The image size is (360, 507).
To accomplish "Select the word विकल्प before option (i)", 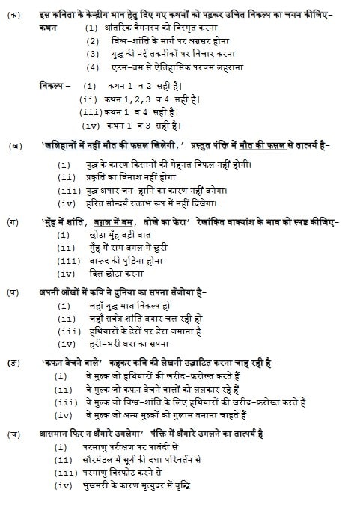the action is [x=54, y=87].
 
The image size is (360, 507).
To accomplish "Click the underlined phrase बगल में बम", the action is [x=118, y=222].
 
